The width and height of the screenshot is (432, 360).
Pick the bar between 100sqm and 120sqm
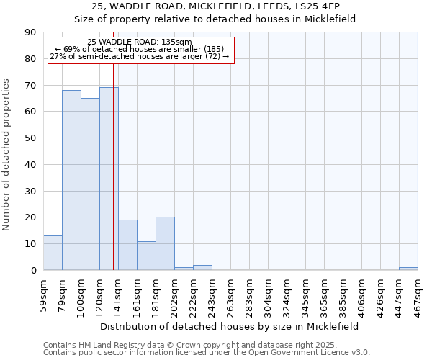click(x=90, y=184)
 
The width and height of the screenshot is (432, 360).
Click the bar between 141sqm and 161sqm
click(x=127, y=245)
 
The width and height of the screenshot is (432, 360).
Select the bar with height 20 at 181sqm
click(x=165, y=243)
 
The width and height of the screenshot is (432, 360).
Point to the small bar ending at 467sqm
click(x=408, y=269)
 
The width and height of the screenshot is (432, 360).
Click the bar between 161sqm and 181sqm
click(x=146, y=256)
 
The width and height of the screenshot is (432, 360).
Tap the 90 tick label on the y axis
click(x=31, y=32)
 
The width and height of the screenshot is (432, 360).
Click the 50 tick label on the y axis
click(x=31, y=138)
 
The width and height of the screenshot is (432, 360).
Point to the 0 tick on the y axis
click(x=34, y=270)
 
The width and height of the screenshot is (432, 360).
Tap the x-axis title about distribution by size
click(x=229, y=326)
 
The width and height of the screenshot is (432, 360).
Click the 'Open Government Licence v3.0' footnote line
click(x=207, y=352)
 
